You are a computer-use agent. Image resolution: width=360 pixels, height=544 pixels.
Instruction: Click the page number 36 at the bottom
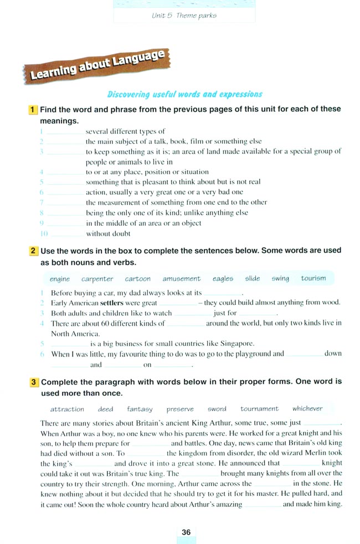(x=186, y=532)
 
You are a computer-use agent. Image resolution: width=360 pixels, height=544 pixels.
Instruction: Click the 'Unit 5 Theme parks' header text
(x=184, y=15)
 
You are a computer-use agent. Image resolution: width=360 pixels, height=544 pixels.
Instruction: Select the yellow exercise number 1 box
(x=33, y=110)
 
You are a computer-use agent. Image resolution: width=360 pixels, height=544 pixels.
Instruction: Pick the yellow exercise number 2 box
(x=33, y=251)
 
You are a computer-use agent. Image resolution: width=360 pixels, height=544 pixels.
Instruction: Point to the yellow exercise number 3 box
(x=34, y=382)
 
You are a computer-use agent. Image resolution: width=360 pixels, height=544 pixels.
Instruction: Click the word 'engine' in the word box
(x=60, y=279)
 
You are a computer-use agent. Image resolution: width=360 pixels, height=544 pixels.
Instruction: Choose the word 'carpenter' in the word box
(x=97, y=279)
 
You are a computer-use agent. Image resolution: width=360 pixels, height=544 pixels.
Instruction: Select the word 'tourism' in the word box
(x=313, y=278)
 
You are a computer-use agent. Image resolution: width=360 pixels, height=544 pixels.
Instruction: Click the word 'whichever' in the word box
(x=307, y=409)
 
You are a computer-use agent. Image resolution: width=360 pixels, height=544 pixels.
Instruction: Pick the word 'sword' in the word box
(x=217, y=410)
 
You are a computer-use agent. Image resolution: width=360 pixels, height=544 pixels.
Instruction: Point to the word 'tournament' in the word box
(x=259, y=409)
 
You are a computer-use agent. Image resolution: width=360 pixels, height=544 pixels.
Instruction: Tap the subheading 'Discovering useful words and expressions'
(x=184, y=94)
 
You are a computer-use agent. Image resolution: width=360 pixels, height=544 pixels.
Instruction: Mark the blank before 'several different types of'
(x=65, y=132)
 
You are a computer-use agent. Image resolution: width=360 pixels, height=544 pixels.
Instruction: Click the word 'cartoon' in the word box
(x=137, y=279)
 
